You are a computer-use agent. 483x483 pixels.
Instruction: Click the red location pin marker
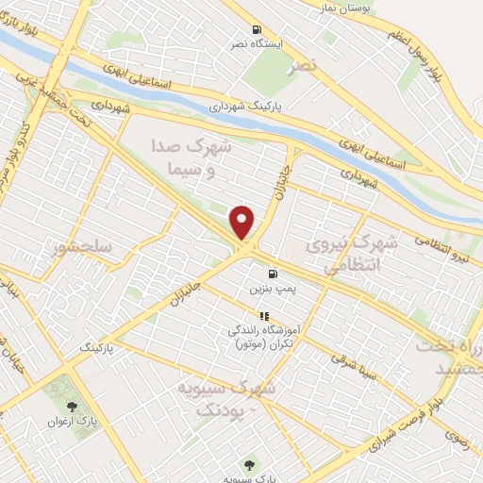pyautogui.click(x=243, y=222)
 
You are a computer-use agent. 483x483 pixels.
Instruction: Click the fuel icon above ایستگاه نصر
pyautogui.click(x=257, y=30)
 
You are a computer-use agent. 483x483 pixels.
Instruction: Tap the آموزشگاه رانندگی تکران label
pyautogui.click(x=263, y=338)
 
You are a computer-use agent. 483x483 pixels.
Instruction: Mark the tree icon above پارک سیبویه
pyautogui.click(x=250, y=464)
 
